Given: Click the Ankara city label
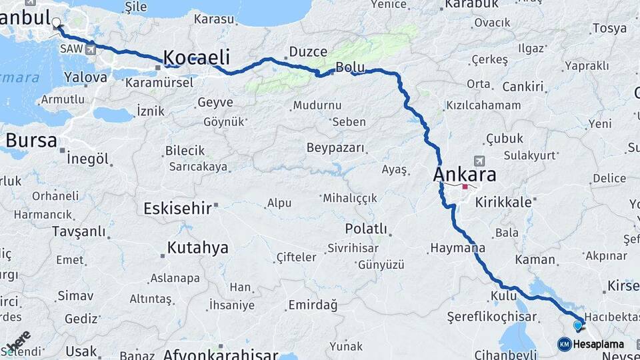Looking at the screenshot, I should tap(465, 175).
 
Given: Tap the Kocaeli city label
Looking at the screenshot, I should tap(197, 57).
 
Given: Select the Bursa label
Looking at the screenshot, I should tap(31, 141).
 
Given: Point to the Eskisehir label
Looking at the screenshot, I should tap(177, 209).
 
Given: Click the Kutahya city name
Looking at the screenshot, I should tap(197, 249).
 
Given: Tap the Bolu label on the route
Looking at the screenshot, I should tap(349, 67).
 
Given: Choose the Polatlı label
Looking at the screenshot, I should tap(366, 229).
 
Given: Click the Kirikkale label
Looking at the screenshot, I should tap(503, 202).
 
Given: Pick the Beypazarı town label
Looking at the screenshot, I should tap(336, 147).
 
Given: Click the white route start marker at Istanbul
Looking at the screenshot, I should tap(57, 22).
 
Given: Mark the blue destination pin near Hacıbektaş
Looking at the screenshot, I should tap(578, 325).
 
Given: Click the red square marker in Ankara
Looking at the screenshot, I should tap(465, 187).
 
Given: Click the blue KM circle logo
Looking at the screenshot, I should tap(565, 344).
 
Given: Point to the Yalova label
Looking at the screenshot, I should tap(86, 77).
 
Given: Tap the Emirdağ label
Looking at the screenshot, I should tap(313, 305).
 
